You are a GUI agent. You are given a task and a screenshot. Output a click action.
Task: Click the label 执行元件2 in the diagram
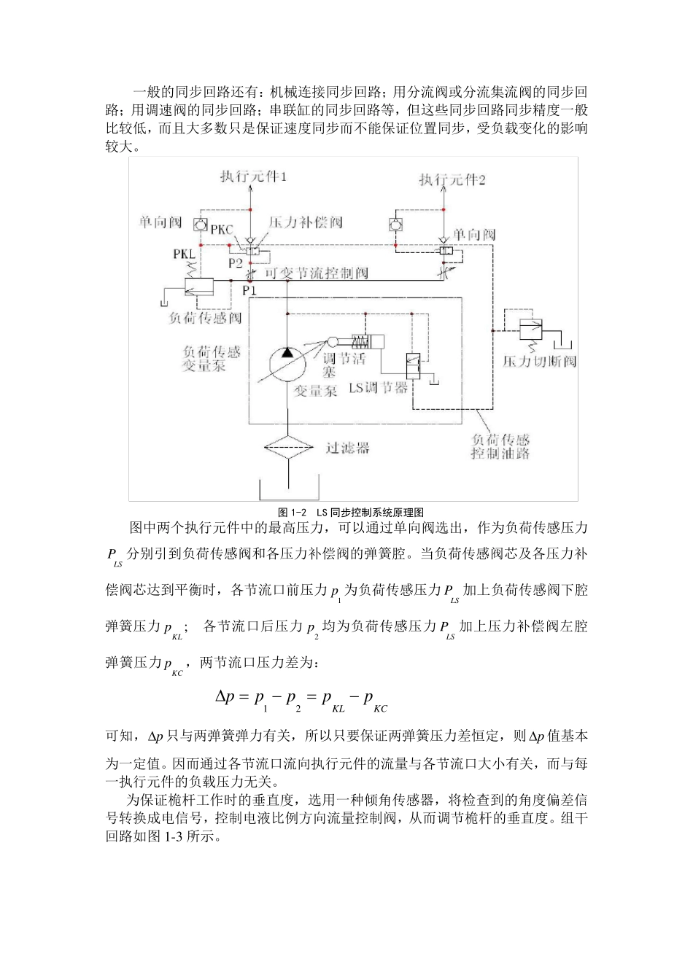(x=452, y=179)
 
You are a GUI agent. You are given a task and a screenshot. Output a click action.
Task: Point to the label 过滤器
(x=347, y=448)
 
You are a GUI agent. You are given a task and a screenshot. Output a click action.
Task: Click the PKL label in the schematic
(x=185, y=254)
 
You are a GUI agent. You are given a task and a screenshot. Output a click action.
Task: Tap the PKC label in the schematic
(x=221, y=230)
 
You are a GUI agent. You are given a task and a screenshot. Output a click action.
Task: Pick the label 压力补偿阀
(x=306, y=222)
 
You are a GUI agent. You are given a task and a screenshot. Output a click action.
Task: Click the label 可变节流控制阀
(x=316, y=273)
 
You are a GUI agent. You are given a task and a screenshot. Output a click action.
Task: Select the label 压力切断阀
(x=539, y=361)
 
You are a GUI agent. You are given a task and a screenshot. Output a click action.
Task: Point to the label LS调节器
(x=378, y=387)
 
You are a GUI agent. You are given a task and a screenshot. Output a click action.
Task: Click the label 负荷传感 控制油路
(x=500, y=446)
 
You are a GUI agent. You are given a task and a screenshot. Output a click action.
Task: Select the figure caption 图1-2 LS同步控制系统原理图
(x=351, y=512)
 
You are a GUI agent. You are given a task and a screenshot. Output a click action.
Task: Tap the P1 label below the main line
(x=249, y=289)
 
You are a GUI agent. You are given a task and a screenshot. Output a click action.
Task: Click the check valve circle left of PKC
(x=198, y=223)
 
